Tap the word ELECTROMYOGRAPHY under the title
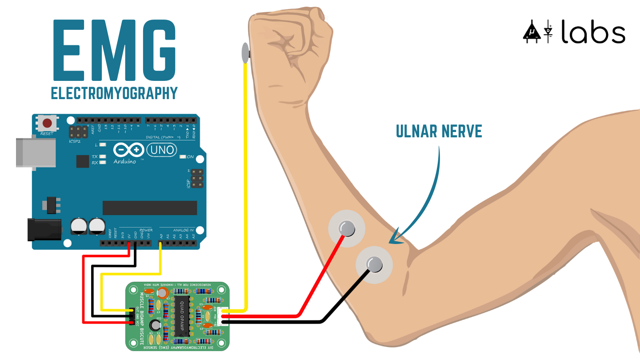[114, 93]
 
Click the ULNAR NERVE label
[439, 132]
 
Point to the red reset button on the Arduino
[47, 123]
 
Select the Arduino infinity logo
[129, 150]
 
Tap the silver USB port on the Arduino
[36, 152]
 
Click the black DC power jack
[44, 229]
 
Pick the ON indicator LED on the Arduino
[182, 157]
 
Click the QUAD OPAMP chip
[182, 316]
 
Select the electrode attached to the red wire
[347, 229]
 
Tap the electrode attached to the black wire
[374, 265]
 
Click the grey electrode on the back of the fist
[244, 52]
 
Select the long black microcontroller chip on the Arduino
[150, 208]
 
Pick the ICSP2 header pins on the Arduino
[78, 132]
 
